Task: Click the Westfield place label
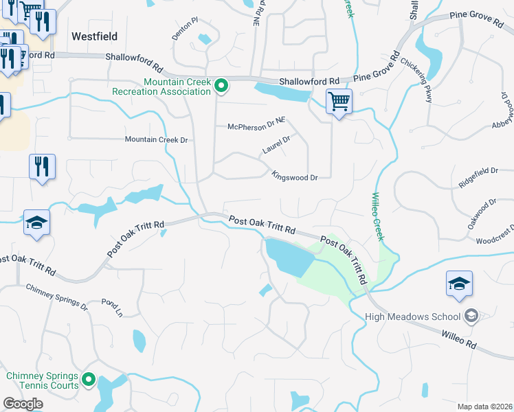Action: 94,36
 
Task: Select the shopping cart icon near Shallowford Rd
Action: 339,102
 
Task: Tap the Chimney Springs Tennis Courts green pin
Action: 89,380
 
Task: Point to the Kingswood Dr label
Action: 294,177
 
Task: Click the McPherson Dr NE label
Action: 256,126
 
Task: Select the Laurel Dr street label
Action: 276,145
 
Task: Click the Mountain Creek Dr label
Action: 156,139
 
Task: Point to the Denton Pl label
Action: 185,29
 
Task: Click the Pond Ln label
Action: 111,308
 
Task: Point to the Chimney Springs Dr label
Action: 57,297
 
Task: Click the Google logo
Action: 23,404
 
